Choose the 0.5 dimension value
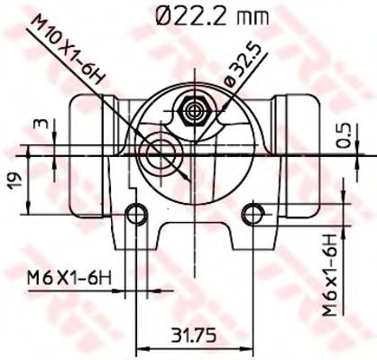(342, 135)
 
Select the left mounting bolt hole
(136, 213)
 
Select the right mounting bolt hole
(254, 213)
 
